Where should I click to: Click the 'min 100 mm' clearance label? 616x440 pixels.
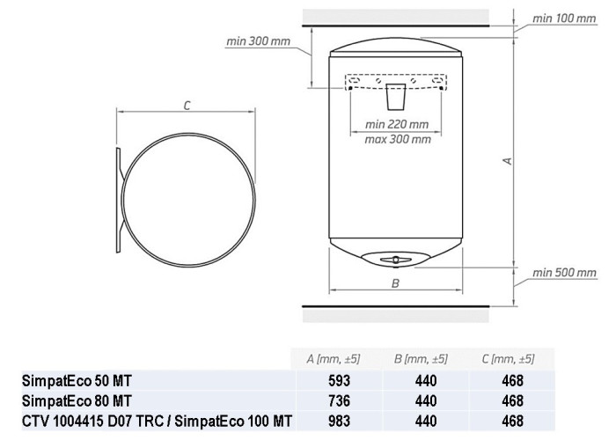564,18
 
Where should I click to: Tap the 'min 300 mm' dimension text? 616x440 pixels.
258,40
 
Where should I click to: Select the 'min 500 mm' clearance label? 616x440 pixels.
564,273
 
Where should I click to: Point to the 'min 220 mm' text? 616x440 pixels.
397,125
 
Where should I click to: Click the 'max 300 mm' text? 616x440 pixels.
398,139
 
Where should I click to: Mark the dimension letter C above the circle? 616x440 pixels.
187,106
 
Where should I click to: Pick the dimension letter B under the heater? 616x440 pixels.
396,283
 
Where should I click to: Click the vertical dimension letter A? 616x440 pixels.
508,161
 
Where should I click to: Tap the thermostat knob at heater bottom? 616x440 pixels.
396,260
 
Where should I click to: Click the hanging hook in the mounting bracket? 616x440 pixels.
396,96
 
